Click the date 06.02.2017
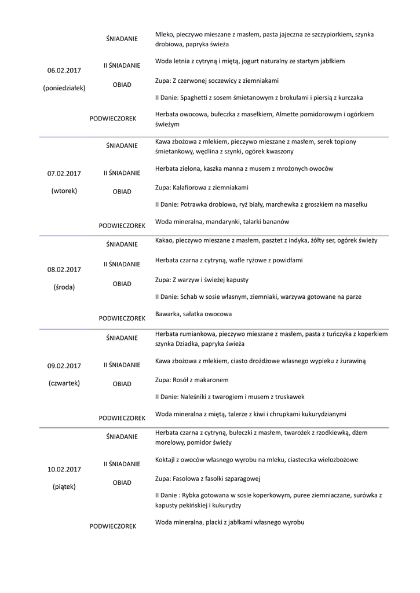click(64, 71)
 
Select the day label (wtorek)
click(64, 191)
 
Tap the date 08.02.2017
click(64, 269)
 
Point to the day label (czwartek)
click(64, 383)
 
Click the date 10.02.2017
click(64, 469)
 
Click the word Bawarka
click(169, 314)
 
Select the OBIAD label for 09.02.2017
click(122, 384)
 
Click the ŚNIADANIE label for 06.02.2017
click(122, 39)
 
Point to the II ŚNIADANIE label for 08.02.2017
click(122, 264)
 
